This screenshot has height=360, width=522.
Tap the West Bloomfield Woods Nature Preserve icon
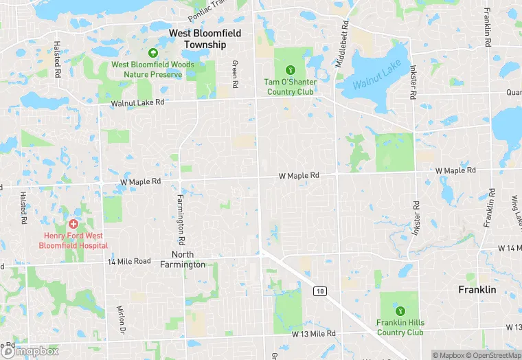153,53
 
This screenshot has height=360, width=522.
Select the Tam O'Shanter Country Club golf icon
291,69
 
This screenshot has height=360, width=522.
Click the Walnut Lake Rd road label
138,103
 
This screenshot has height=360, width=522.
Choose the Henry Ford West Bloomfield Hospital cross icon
73,224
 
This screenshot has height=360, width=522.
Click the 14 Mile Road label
128,261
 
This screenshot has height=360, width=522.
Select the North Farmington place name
182,259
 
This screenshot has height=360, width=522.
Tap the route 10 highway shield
319,291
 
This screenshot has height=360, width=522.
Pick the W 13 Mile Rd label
313,334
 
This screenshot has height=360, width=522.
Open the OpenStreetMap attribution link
492,355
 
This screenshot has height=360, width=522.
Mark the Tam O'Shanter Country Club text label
291,87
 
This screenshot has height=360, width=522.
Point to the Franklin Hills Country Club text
400,328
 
